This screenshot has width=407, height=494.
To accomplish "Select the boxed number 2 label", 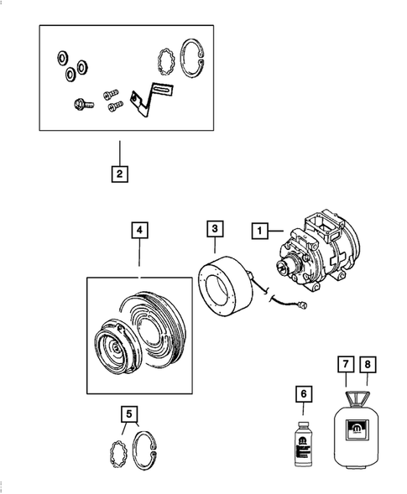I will (x=120, y=174).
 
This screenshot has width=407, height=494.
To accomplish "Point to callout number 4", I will (x=138, y=229).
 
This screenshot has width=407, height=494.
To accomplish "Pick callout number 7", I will (x=345, y=365).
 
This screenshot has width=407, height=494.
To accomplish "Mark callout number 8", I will (x=368, y=365).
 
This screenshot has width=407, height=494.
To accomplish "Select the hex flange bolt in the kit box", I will (x=81, y=106).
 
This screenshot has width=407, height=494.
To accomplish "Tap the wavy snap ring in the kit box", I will (x=167, y=61).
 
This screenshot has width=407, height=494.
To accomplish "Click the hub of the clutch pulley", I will (x=108, y=346).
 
